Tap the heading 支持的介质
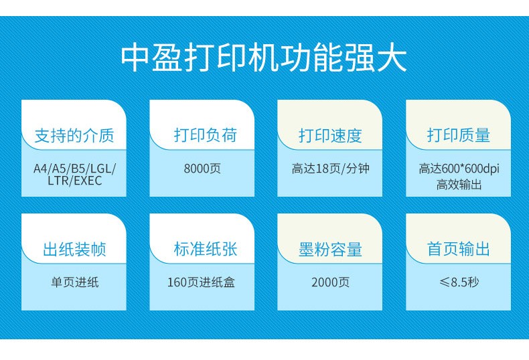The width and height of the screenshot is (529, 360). point(74,136)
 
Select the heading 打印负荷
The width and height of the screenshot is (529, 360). point(206,135)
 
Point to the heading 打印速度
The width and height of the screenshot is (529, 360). point(330,136)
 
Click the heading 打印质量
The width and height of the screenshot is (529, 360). point(459,135)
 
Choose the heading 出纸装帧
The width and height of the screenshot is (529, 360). point(74,250)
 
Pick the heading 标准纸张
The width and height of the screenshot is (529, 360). point(206,249)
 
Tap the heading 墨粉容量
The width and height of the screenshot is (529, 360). point(330,250)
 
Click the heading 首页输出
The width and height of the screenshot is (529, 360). point(459,249)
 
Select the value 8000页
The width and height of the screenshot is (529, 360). point(202,168)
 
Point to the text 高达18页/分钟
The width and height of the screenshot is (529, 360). point(331,168)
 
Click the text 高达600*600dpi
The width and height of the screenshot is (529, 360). point(459,169)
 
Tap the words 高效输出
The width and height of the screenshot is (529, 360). point(459,185)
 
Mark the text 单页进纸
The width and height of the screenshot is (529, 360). point(74,282)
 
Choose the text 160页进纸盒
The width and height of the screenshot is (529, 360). point(202,282)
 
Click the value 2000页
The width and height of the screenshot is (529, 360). point(331,282)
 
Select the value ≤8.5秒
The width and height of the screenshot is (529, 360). point(459,282)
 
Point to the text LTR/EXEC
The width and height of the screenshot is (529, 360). point(74,181)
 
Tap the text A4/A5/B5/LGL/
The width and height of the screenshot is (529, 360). point(74,168)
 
